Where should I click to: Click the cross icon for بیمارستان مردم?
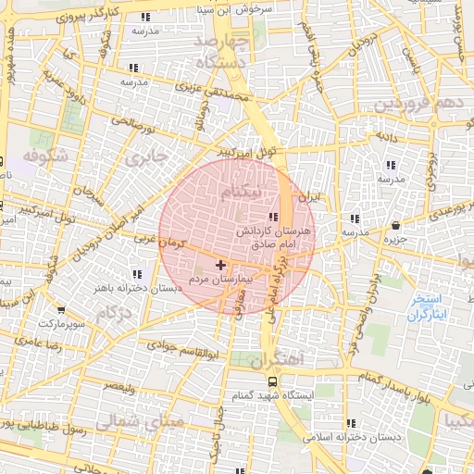coord(219,266)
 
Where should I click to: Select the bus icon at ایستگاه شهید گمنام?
coord(272,380)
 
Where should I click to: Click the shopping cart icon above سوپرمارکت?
coord(61,310)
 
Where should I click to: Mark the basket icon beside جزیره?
coord(395,225)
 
